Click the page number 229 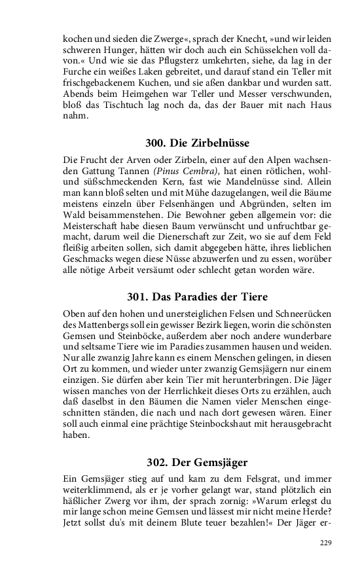click(x=325, y=543)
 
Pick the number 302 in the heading click(x=157, y=461)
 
